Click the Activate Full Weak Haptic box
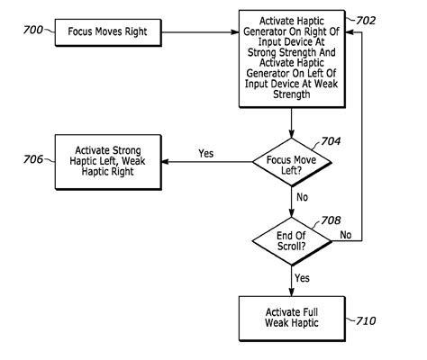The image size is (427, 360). pos(292,316)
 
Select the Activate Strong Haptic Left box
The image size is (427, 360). pos(112,161)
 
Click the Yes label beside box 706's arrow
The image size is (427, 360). pos(205,152)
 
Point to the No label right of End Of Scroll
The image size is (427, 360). pos(345,234)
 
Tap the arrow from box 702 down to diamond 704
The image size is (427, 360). pos(292,121)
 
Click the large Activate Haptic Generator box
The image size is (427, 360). pos(292,57)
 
